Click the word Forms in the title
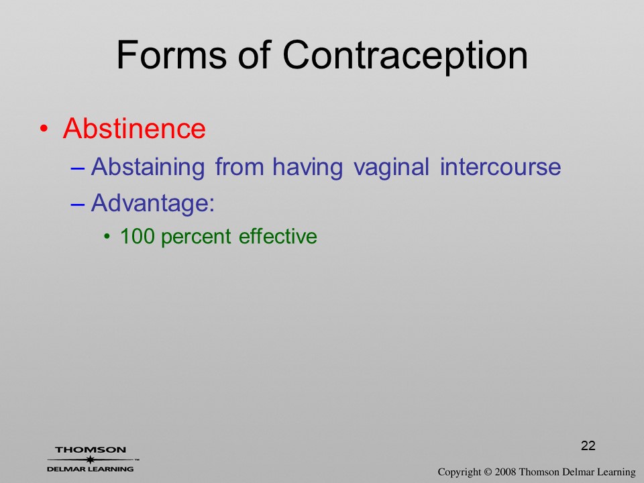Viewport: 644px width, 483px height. click(172, 55)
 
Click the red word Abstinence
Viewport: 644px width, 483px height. click(134, 129)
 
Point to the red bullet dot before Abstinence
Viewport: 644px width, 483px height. click(44, 129)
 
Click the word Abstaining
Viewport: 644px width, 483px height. click(148, 168)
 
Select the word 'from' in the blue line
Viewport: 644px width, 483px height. click(239, 167)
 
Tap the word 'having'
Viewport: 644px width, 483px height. click(308, 168)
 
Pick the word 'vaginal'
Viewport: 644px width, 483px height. click(391, 168)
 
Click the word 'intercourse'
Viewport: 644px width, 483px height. click(500, 167)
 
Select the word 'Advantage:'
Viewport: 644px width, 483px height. click(153, 203)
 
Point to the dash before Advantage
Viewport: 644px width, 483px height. click(78, 204)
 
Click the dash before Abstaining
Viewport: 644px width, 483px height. click(78, 168)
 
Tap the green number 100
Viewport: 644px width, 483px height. click(137, 236)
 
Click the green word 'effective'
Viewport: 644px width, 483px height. click(278, 236)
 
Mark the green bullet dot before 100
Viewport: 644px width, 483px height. click(107, 237)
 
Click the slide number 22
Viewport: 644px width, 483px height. click(588, 445)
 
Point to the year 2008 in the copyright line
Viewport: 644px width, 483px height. click(505, 472)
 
